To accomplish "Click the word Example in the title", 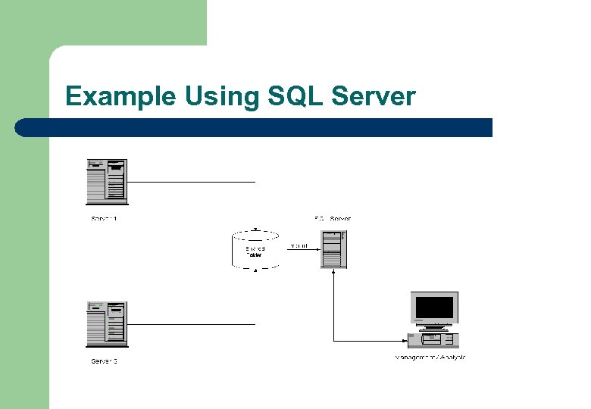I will (x=120, y=97).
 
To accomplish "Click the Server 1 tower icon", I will (x=107, y=182).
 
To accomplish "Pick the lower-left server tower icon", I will (x=107, y=324).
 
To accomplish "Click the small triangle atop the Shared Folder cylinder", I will (x=255, y=229).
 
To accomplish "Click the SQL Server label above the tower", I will (x=333, y=219).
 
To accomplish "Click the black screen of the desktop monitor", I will (x=434, y=308).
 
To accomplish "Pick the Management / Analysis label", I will (x=430, y=357).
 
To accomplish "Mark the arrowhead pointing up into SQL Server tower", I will (x=333, y=273).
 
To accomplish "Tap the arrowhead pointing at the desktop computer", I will (x=405, y=340).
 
